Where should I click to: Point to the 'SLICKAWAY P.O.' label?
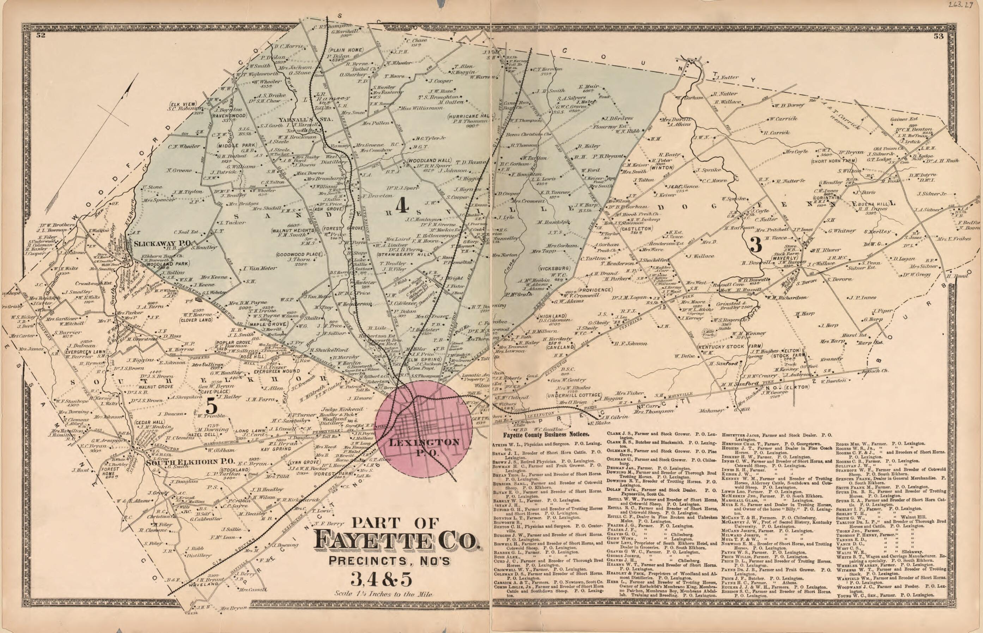coord(163,243)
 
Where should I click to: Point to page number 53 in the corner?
coord(947,36)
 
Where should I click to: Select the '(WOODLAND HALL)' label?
coord(430,160)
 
